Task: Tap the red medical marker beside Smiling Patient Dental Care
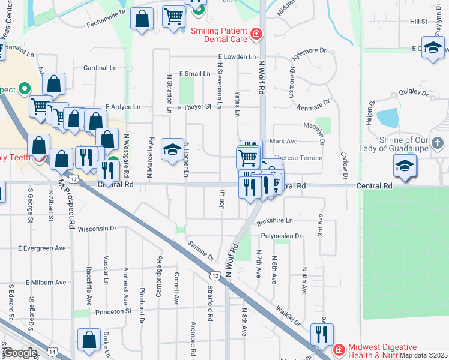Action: click(x=256, y=33)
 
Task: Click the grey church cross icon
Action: click(x=438, y=143)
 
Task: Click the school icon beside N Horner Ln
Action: click(x=172, y=149)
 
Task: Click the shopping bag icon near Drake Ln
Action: click(x=89, y=340)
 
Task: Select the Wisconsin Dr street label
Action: click(x=97, y=229)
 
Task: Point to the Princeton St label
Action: click(x=112, y=312)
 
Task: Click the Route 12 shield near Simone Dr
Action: click(x=214, y=275)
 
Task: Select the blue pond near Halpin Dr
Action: click(x=388, y=117)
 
